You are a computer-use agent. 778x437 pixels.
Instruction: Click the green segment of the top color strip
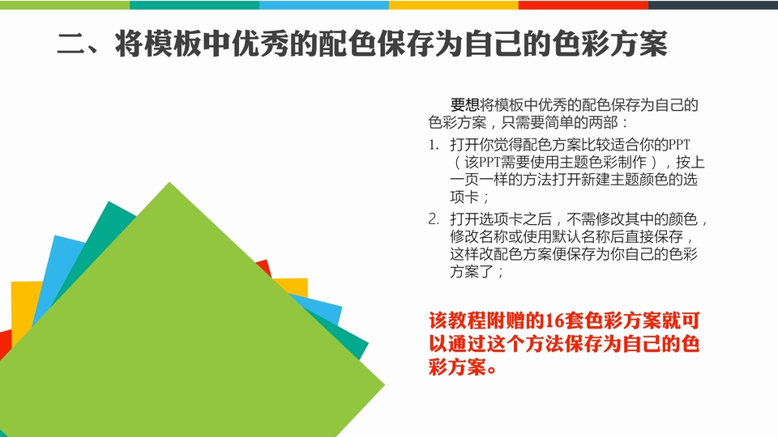coord(65,5)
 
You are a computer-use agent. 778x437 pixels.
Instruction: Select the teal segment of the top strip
coord(194,5)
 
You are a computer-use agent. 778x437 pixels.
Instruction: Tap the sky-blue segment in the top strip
coord(324,5)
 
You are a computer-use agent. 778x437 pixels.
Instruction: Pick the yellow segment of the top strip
coord(454,5)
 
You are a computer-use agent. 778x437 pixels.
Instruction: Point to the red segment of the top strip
coord(583,5)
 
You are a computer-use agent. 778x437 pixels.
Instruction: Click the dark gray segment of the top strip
coord(713,5)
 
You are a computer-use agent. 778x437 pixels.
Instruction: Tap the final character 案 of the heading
coord(653,44)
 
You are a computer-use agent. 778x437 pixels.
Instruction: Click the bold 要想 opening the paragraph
coord(465,105)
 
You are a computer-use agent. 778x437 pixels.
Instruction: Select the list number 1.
coord(434,145)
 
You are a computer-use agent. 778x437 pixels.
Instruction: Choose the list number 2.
coord(434,219)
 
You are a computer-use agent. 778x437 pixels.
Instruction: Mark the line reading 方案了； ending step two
coord(477,272)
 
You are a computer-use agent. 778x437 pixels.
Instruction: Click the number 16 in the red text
coord(555,321)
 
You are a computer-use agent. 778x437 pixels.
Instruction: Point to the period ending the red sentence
coord(492,370)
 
